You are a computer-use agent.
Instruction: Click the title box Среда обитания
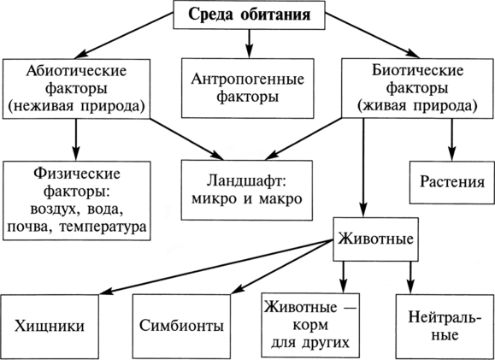pos(249,15)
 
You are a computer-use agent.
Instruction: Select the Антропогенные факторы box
pos(248,88)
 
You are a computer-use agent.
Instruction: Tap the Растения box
pos(452,182)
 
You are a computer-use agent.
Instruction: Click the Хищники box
pos(50,327)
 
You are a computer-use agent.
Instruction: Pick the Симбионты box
pos(181,327)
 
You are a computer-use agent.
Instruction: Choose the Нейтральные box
pos(445,327)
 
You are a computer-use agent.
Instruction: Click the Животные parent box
pos(375,239)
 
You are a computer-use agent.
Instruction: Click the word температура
pos(105,227)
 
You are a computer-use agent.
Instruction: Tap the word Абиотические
pos(76,71)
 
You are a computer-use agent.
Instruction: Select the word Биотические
pos(417,71)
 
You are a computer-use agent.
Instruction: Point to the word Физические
pos(76,174)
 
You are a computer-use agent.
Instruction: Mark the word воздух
pos(55,210)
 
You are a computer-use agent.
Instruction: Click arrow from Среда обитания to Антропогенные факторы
pos(249,44)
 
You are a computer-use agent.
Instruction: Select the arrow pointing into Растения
pos(452,140)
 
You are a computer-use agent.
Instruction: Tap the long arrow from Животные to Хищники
pos(215,267)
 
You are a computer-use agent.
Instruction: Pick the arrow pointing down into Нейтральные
pos(410,278)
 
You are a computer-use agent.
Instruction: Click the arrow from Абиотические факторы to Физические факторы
pos(76,140)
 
